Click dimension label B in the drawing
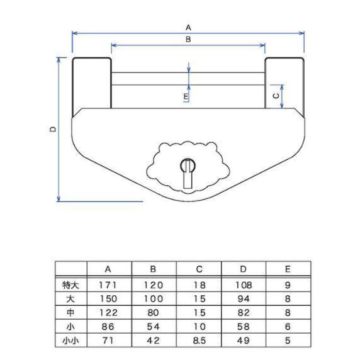(x=188, y=39)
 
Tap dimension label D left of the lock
(x=53, y=128)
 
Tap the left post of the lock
(x=93, y=82)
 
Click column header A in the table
(x=108, y=269)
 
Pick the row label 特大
(x=70, y=284)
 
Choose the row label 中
(x=70, y=312)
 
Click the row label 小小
(x=70, y=340)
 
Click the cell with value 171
(x=108, y=284)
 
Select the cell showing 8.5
(x=198, y=340)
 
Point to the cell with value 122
(x=108, y=312)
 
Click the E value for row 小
(x=288, y=326)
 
